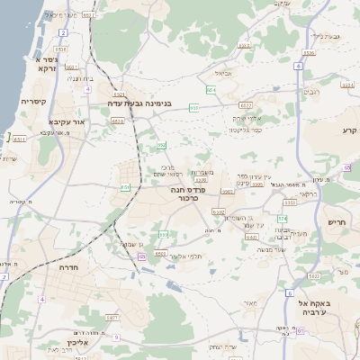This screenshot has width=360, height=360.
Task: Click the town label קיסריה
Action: (x=34, y=102)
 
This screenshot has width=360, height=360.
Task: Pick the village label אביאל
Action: (x=223, y=73)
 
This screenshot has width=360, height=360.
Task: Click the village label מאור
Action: (x=249, y=303)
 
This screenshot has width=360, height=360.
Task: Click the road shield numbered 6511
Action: (x=19, y=139)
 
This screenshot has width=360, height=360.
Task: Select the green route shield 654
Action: (x=211, y=90)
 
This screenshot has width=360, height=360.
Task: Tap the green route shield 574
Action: (x=282, y=219)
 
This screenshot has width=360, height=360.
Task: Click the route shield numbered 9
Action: (x=116, y=337)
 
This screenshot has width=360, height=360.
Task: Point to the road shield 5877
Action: (x=112, y=318)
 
